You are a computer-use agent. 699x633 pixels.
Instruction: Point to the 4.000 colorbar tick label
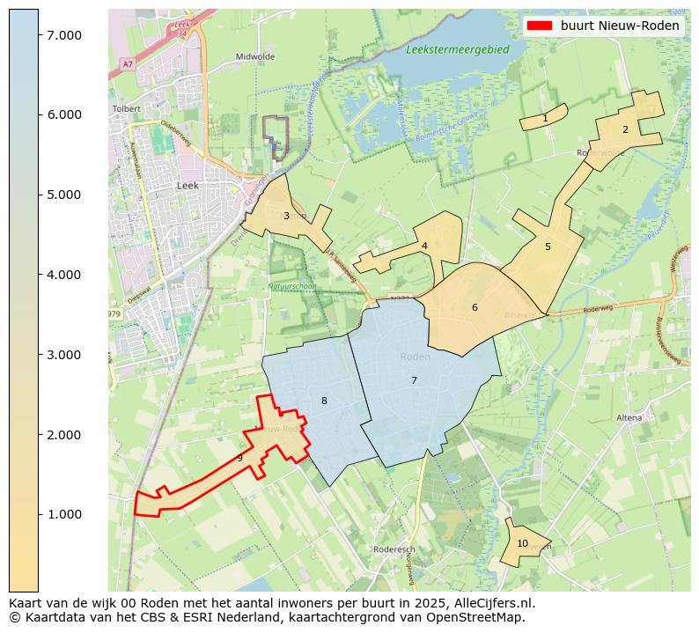click(x=64, y=275)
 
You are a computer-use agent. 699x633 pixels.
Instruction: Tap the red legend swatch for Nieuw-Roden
click(x=540, y=26)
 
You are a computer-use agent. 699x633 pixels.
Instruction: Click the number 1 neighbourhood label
click(x=545, y=118)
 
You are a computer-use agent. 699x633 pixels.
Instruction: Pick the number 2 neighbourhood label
click(x=625, y=129)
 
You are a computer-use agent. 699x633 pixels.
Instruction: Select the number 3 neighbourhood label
click(x=286, y=216)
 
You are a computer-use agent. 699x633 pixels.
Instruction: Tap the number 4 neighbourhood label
click(x=424, y=246)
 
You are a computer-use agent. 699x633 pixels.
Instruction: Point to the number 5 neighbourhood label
click(x=548, y=247)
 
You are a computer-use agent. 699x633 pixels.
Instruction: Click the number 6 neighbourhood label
click(x=475, y=307)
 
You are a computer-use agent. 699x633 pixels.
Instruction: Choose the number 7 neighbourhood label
click(x=414, y=380)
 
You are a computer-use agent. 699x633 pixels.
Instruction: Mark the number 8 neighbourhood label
click(x=324, y=401)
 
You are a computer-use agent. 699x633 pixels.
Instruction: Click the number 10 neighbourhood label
click(x=522, y=543)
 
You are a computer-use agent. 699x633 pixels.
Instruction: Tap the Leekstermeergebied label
click(x=458, y=50)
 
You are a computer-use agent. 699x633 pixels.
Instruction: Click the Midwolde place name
click(x=255, y=56)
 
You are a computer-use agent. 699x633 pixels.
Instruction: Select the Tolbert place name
click(x=127, y=109)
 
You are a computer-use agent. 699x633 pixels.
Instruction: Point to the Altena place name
click(x=629, y=417)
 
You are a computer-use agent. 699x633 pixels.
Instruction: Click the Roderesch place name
click(x=394, y=548)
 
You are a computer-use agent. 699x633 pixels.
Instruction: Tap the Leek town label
click(x=188, y=186)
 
